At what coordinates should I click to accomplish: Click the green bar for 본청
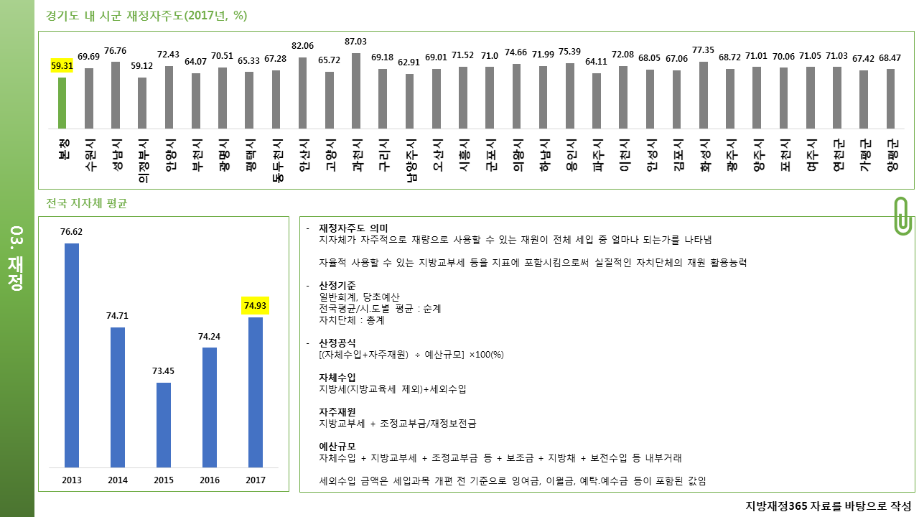(x=62, y=103)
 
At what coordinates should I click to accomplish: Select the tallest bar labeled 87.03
(x=356, y=91)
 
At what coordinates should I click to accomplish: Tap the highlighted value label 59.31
(x=62, y=65)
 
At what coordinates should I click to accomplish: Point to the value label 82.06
(x=302, y=46)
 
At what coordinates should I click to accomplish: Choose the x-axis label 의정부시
(x=143, y=161)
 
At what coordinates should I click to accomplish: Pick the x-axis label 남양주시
(x=411, y=161)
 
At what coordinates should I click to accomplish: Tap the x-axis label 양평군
(x=892, y=154)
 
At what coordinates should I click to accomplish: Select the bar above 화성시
(x=703, y=96)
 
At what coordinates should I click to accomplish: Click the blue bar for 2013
(x=72, y=355)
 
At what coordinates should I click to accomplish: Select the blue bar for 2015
(x=164, y=425)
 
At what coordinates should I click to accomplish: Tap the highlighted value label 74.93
(x=255, y=306)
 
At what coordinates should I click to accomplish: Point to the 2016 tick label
(x=210, y=480)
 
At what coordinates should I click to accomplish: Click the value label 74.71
(x=117, y=316)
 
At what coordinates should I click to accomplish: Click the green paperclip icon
(x=902, y=216)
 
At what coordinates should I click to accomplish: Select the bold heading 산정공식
(x=337, y=343)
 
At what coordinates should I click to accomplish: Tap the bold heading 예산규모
(x=337, y=447)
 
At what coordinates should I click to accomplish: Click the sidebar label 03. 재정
(x=17, y=258)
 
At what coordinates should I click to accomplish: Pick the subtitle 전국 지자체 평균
(x=87, y=203)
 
